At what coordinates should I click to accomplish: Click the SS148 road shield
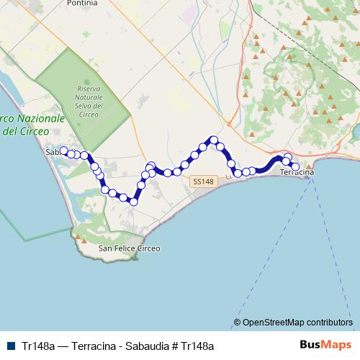click(x=204, y=182)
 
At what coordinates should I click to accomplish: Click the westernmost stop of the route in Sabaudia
click(x=63, y=150)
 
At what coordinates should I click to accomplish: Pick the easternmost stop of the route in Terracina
click(x=295, y=167)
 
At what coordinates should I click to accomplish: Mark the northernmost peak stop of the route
click(x=214, y=140)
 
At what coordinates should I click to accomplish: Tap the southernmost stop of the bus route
click(x=133, y=202)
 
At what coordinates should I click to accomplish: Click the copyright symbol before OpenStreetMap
click(x=238, y=322)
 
